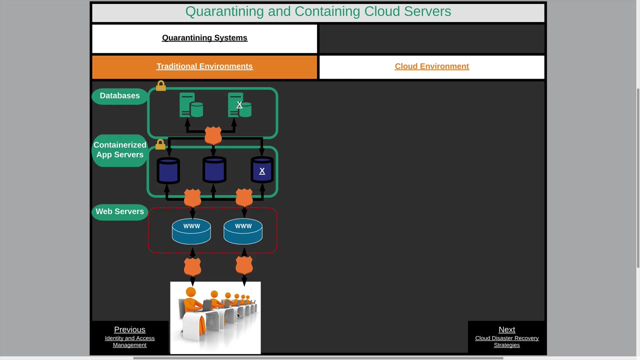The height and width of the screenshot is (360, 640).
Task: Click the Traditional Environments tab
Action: (204, 66)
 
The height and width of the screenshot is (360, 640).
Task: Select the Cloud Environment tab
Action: (431, 66)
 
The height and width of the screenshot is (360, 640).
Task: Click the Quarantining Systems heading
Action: (204, 38)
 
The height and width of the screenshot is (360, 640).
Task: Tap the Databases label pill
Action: (119, 96)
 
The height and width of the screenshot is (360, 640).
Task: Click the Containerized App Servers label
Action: (120, 150)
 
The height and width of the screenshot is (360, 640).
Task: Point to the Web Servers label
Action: (119, 212)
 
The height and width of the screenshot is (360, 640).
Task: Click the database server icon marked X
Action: (239, 105)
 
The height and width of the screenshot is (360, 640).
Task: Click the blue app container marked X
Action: (262, 170)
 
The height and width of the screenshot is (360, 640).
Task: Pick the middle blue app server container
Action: (214, 170)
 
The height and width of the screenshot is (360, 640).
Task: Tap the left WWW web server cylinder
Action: (191, 231)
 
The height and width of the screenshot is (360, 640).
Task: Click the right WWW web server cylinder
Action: (243, 231)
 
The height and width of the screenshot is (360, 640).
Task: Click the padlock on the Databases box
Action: (160, 86)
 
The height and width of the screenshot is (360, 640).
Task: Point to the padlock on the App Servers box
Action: (160, 144)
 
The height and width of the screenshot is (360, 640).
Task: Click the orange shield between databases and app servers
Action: (213, 135)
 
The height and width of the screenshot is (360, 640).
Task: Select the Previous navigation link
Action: (129, 330)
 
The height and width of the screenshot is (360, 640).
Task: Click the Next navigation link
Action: (506, 330)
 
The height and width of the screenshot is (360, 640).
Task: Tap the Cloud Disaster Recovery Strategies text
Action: (506, 341)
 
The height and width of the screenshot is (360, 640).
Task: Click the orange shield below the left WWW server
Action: (192, 266)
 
